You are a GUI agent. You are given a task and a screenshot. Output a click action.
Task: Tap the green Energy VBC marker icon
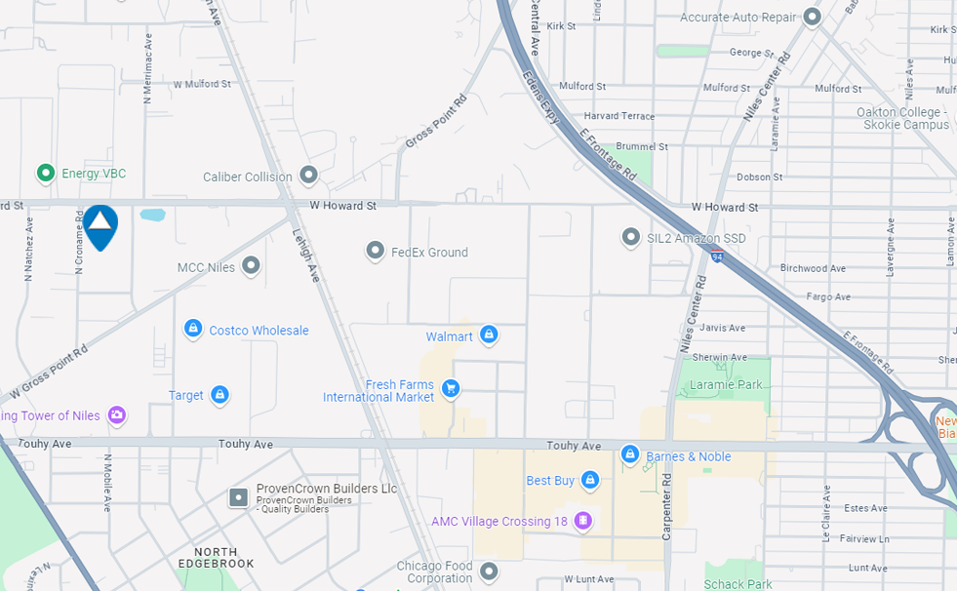[45, 174]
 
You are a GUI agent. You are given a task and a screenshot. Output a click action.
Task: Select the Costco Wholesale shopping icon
[193, 330]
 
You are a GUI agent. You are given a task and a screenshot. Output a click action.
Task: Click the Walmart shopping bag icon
[489, 335]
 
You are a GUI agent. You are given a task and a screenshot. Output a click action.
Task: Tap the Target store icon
[219, 395]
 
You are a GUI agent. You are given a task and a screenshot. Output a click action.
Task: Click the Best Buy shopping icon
[589, 480]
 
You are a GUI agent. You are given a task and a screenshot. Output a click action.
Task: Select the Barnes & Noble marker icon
[630, 455]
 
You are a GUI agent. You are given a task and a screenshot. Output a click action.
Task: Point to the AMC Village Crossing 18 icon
[582, 521]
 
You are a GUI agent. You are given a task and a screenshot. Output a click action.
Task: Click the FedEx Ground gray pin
[375, 252]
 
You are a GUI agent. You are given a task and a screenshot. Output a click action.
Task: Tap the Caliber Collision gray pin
[308, 176]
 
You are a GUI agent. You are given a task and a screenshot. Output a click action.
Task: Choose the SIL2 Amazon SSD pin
[631, 237]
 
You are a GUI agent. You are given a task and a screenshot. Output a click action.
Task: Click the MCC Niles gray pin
[251, 265]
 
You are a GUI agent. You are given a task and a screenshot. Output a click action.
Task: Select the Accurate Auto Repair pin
[812, 17]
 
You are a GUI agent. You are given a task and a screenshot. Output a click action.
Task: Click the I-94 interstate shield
[717, 256]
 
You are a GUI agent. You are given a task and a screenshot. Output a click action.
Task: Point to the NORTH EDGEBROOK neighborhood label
[217, 558]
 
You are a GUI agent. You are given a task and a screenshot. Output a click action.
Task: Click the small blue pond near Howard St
[152, 215]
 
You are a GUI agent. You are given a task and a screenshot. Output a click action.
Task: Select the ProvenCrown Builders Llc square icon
[238, 497]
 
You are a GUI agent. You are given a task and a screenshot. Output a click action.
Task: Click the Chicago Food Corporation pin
[489, 571]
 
